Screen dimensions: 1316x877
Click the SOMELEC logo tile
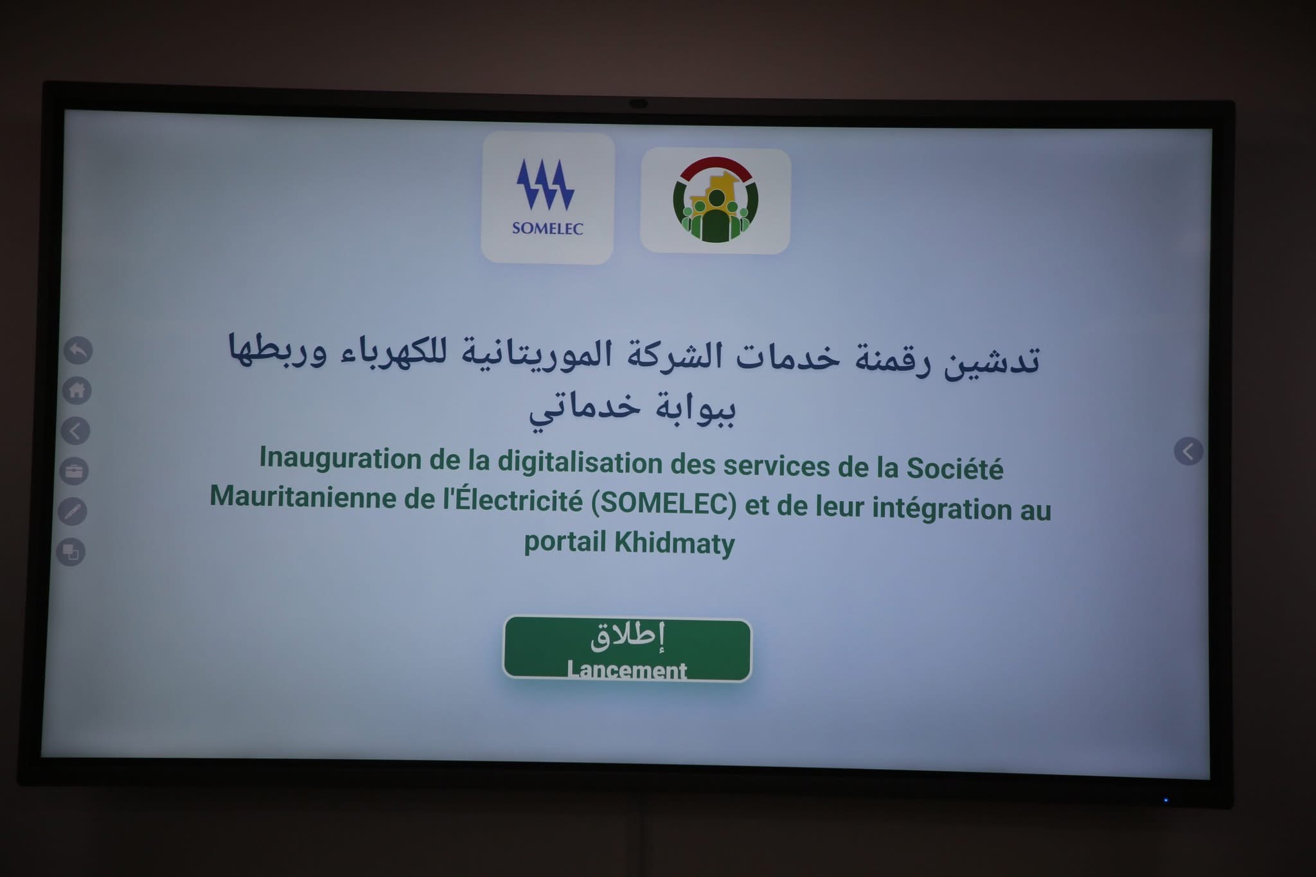(x=547, y=198)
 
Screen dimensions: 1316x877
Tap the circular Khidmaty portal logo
(x=715, y=200)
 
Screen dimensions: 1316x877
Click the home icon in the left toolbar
(x=76, y=390)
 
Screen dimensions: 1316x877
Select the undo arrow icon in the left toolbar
(x=78, y=351)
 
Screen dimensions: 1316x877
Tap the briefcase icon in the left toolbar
(x=74, y=471)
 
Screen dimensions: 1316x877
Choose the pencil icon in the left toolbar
(x=73, y=511)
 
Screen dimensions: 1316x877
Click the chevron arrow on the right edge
(x=1188, y=452)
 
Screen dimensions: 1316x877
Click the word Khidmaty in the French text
(x=674, y=543)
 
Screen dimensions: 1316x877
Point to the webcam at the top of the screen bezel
(x=637, y=103)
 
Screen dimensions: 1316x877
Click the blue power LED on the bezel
(x=1166, y=800)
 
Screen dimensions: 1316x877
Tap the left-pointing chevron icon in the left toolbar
(x=75, y=430)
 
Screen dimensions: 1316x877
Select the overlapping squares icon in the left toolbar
(x=71, y=552)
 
